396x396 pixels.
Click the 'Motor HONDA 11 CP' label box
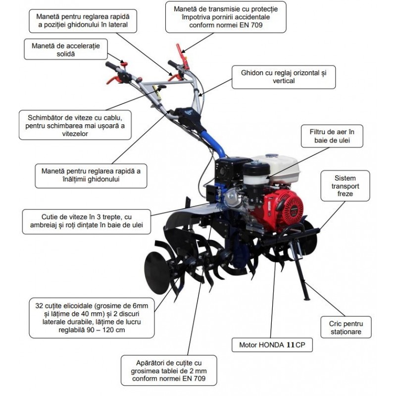[272, 345]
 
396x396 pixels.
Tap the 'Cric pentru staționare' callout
[346, 327]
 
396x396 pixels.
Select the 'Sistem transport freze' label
[345, 186]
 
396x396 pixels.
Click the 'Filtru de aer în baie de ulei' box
[332, 136]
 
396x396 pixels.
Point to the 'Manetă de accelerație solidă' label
[66, 49]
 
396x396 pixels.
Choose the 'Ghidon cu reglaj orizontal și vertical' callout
[284, 77]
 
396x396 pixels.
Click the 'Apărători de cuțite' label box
[169, 370]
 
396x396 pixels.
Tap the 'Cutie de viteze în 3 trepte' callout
[86, 221]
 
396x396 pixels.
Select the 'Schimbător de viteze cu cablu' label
[75, 125]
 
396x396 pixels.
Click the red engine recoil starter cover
[287, 209]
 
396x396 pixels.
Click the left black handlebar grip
[112, 66]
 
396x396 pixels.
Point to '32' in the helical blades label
[40, 306]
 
